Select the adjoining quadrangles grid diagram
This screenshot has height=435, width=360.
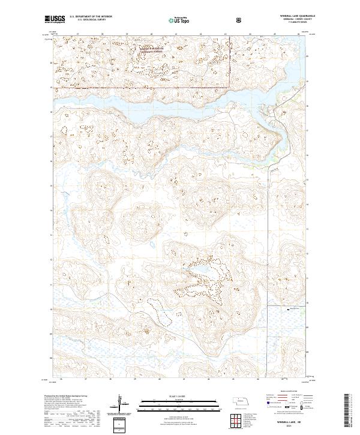pos(238,419)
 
